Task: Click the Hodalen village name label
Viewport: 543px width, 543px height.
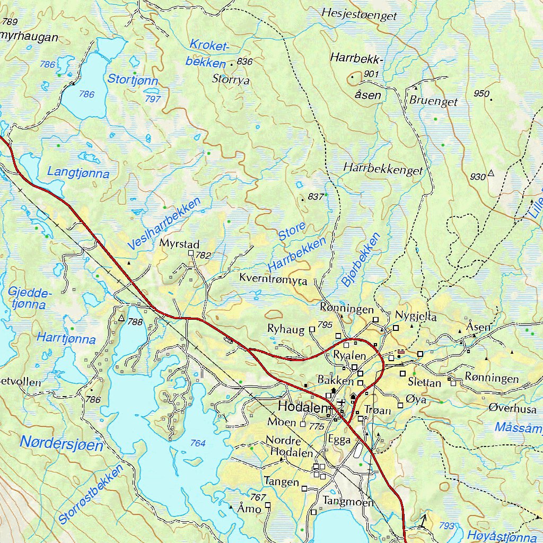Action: click(x=303, y=408)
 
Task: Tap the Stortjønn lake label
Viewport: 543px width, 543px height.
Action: click(x=133, y=80)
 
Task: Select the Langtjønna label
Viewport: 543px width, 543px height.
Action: click(x=78, y=172)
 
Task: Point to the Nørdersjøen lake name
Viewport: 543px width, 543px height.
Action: click(x=62, y=443)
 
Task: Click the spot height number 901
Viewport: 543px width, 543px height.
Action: click(x=372, y=74)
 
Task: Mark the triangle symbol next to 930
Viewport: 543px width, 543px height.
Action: click(x=491, y=173)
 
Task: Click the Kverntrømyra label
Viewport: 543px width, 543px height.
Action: click(x=270, y=278)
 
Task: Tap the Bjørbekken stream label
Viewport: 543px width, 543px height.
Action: click(x=361, y=260)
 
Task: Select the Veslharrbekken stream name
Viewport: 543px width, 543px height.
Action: click(x=164, y=224)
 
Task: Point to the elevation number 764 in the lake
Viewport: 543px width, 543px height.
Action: click(x=198, y=443)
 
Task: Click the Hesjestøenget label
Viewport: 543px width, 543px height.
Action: click(x=359, y=15)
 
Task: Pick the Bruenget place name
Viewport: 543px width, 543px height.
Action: click(x=433, y=101)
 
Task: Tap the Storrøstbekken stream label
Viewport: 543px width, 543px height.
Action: click(x=91, y=495)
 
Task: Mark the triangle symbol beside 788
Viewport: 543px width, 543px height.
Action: click(x=121, y=319)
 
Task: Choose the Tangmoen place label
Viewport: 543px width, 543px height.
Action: click(x=348, y=502)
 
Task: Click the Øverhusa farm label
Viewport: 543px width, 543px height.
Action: click(x=512, y=409)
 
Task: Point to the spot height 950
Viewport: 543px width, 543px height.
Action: click(x=481, y=94)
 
